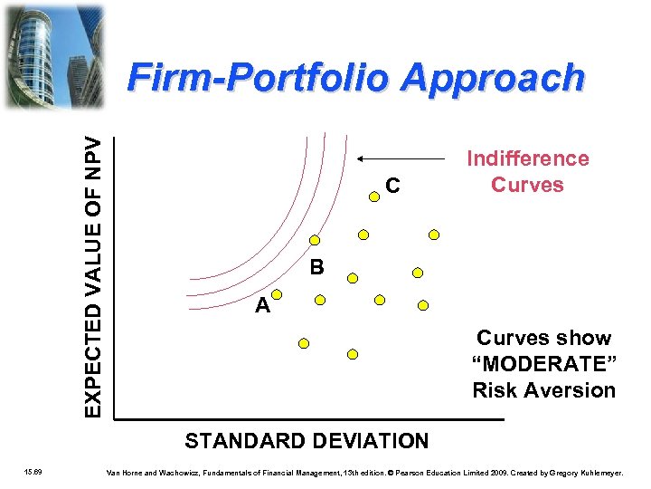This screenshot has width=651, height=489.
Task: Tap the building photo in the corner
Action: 53,55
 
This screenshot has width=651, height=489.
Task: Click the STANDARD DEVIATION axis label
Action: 307,442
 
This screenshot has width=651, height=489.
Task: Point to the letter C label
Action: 392,187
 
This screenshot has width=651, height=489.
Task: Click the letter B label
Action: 316,268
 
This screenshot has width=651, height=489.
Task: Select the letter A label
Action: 262,306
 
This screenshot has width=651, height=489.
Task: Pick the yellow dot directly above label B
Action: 315,241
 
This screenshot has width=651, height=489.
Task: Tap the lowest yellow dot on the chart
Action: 354,353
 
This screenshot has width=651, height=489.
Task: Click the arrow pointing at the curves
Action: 407,158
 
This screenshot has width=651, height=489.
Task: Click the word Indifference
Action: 527,159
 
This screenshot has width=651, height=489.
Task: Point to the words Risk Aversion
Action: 543,390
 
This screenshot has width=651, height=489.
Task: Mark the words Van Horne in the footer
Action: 126,473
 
